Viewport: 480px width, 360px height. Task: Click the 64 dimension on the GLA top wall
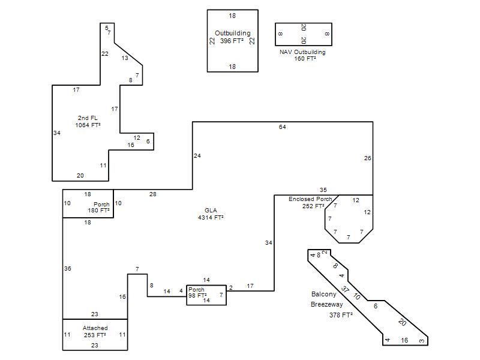(x=282, y=127)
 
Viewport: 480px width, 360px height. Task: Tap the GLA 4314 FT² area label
(x=211, y=214)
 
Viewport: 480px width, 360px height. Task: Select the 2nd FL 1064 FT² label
(x=88, y=122)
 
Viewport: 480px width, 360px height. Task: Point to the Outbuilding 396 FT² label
(x=232, y=37)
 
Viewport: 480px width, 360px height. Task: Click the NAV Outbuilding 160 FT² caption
(x=302, y=55)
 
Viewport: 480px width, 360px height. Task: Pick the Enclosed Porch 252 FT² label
(x=310, y=203)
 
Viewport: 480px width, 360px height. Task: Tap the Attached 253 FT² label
(x=95, y=332)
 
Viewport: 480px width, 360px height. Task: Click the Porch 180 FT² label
(x=98, y=207)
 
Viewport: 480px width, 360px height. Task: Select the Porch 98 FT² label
(x=197, y=292)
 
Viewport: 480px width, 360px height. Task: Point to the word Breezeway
(x=326, y=304)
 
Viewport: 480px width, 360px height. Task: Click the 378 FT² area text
(x=341, y=314)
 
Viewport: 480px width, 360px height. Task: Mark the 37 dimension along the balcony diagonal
(x=346, y=289)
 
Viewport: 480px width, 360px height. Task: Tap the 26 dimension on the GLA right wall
(x=367, y=158)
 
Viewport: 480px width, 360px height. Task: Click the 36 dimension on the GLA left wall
(x=68, y=268)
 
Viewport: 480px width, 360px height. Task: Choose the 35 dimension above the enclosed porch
(x=323, y=190)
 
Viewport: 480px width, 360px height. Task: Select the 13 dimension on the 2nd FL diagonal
(x=125, y=58)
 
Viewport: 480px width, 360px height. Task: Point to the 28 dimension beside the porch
(x=153, y=194)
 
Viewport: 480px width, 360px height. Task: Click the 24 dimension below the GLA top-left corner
(x=197, y=156)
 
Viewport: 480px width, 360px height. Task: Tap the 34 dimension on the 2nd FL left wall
(x=57, y=133)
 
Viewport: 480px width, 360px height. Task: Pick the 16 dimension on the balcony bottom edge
(x=404, y=340)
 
